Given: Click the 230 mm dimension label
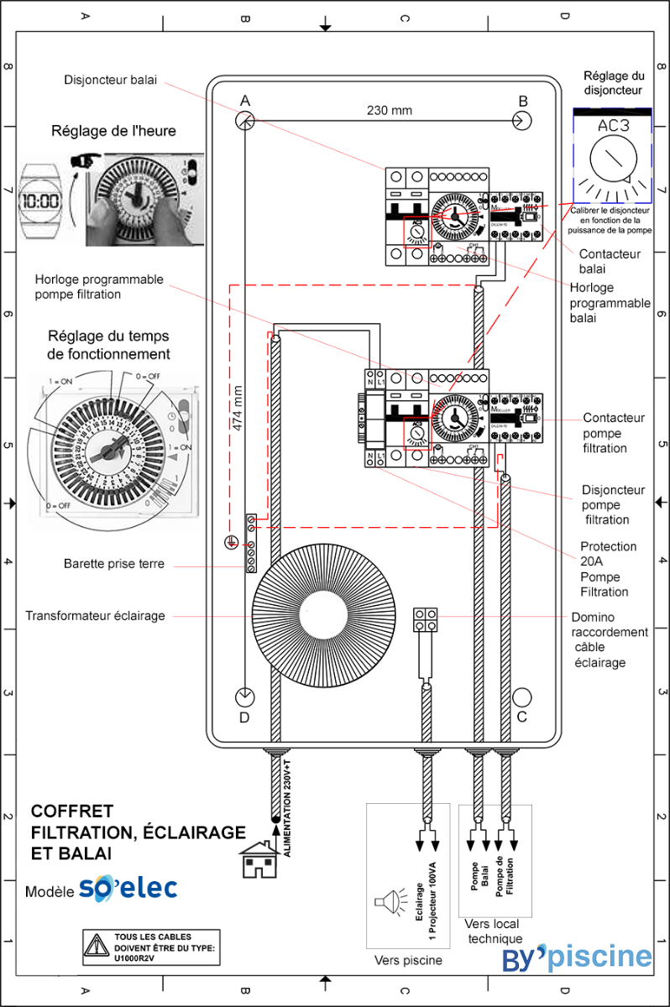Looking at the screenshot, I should [390, 110].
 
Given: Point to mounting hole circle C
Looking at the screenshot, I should [522, 697].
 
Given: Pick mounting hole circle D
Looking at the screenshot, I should [244, 697].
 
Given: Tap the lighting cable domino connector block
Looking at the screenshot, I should [426, 619].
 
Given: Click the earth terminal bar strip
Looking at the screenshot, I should [250, 544].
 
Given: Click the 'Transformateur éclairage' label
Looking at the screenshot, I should [95, 616].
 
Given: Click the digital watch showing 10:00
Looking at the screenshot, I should [41, 201].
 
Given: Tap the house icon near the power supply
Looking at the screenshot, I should [260, 860].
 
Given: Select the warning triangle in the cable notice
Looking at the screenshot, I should [97, 948].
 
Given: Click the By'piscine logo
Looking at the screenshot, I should [577, 957].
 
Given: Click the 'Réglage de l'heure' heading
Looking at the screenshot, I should [113, 130].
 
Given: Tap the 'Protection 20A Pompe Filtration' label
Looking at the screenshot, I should [609, 569].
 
